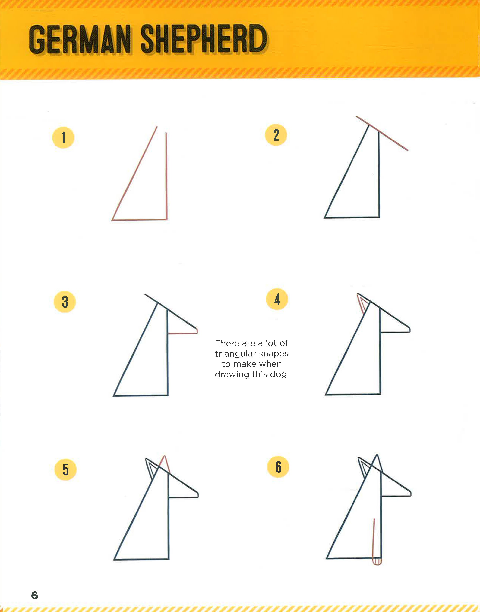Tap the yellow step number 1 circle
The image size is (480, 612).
[63, 137]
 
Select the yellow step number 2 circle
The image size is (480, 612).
[276, 135]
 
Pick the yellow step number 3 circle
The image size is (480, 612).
[65, 302]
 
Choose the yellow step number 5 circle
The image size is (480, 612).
[65, 470]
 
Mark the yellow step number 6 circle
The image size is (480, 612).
[278, 467]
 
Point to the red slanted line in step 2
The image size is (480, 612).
[382, 134]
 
